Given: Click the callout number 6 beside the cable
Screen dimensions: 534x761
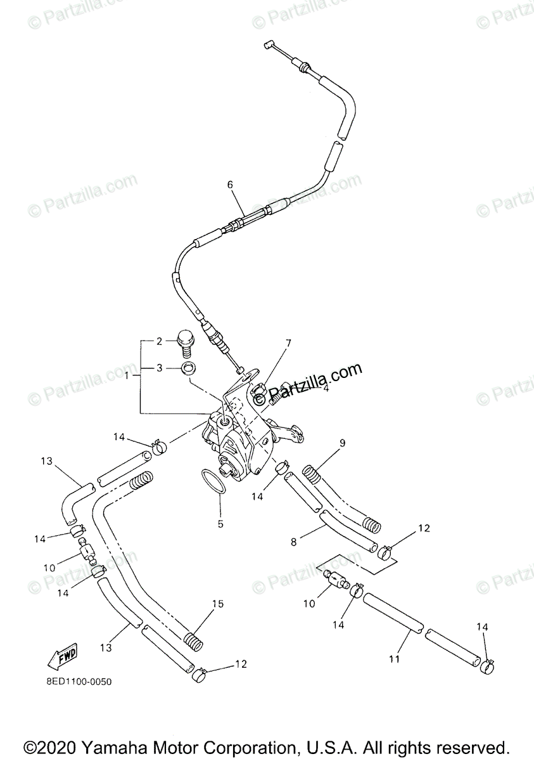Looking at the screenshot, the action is coord(230,185).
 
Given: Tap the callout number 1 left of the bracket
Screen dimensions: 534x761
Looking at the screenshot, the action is coord(129,375).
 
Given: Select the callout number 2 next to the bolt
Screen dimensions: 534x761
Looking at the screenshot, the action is coord(159,342).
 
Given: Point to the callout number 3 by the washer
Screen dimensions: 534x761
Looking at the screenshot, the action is coord(159,367).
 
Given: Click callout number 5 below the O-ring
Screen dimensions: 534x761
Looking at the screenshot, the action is coord(220,524).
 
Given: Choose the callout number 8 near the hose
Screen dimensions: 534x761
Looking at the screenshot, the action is coord(293,542).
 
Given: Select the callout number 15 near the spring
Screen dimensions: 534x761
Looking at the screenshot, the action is coord(217,604).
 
